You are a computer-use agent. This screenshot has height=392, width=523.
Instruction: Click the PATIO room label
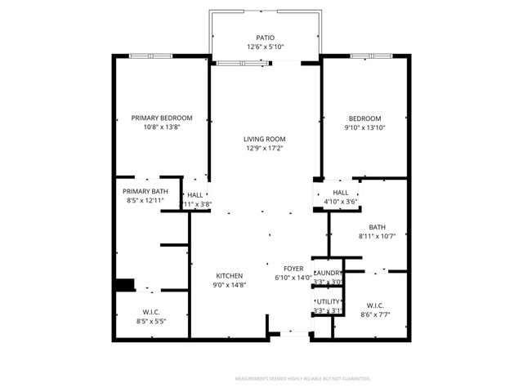[x=265, y=38]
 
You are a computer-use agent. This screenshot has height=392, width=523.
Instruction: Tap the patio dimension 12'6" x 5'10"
[x=265, y=47]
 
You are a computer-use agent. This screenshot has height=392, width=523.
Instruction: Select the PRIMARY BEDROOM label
[x=162, y=118]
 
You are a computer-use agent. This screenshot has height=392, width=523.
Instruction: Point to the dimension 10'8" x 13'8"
[x=162, y=127]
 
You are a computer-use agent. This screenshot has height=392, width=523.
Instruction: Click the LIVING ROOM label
[x=265, y=139]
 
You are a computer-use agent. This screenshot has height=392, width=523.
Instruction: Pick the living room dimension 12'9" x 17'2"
[x=265, y=148]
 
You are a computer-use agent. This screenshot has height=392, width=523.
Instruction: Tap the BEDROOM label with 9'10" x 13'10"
[x=365, y=118]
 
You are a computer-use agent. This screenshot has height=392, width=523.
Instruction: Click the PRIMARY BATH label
[x=145, y=191]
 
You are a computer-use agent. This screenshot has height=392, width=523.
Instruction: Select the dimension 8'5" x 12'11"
[x=145, y=200]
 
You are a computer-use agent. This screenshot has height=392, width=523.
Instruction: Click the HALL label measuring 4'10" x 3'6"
[x=341, y=192]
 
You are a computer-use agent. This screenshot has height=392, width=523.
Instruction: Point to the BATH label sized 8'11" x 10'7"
[x=377, y=228]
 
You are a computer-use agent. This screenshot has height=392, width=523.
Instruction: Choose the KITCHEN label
[x=230, y=275]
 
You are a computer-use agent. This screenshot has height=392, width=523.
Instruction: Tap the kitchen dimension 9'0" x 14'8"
[x=230, y=284]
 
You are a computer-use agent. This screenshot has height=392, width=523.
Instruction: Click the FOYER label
[x=293, y=268]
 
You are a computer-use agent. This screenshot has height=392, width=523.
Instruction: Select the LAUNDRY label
[x=328, y=273]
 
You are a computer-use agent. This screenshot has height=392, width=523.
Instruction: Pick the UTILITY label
[x=328, y=301]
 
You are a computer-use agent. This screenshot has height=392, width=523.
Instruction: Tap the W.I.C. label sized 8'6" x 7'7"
[x=376, y=305]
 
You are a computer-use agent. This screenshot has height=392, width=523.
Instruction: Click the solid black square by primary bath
[x=124, y=284]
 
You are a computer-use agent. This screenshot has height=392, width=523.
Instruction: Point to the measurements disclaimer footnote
[x=302, y=379]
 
